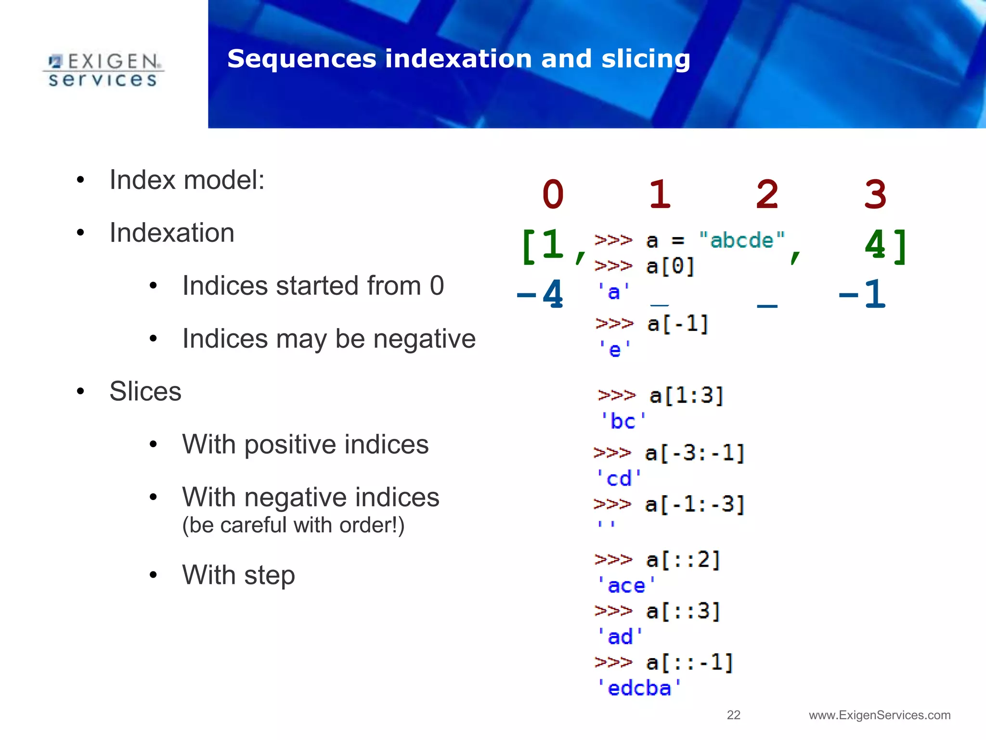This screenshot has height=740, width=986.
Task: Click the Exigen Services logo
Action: point(103,70)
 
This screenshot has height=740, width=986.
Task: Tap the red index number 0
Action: point(553,194)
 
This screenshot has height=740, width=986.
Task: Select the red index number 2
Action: point(767,194)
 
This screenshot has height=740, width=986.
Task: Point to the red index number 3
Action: point(875,194)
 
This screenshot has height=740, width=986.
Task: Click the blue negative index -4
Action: point(540,294)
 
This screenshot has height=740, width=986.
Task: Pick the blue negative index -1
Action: point(862,294)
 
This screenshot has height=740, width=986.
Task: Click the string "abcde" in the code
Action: point(741,240)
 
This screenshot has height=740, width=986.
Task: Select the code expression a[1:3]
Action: point(687,396)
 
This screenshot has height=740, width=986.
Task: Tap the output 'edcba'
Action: point(639,688)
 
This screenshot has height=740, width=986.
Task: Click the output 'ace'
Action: point(626,586)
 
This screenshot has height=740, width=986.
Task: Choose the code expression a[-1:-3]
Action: point(695,505)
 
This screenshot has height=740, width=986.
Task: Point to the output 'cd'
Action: point(619,479)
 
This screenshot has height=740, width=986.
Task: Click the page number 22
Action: point(733,715)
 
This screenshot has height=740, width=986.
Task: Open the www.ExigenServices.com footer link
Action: point(880,715)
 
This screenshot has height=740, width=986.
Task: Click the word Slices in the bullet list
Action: point(145,391)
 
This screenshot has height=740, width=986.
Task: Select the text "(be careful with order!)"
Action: point(293,525)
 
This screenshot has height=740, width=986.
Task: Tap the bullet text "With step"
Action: point(238,575)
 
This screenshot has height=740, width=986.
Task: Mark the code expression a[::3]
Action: point(683,611)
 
